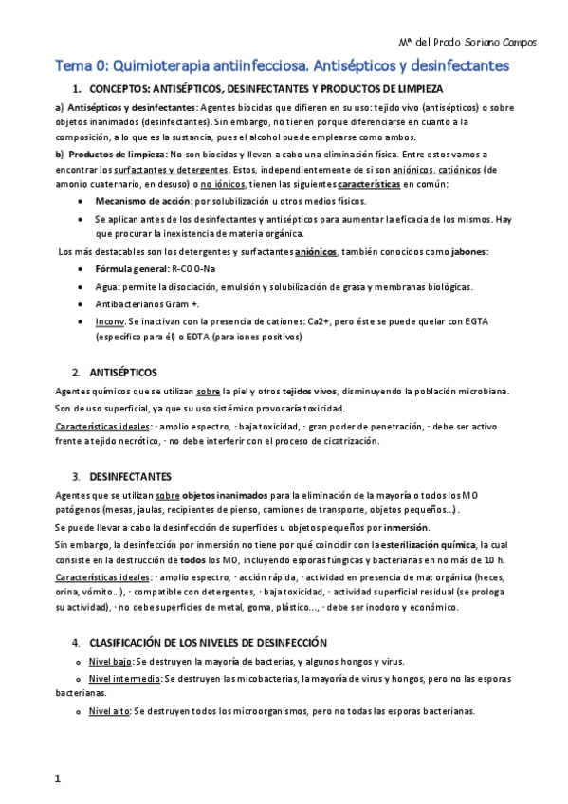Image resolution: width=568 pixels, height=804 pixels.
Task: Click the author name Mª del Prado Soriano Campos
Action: (x=466, y=43)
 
